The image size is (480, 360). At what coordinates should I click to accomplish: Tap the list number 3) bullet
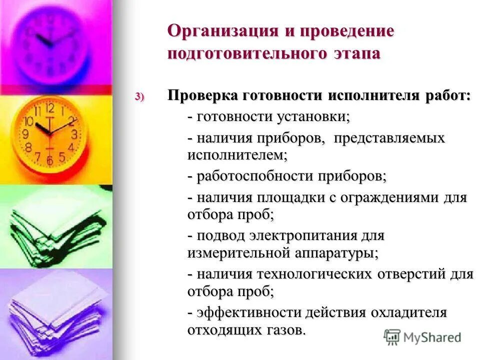point(138,96)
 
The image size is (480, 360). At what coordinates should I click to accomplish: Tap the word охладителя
point(408,312)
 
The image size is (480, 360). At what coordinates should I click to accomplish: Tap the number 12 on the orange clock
point(49,107)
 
